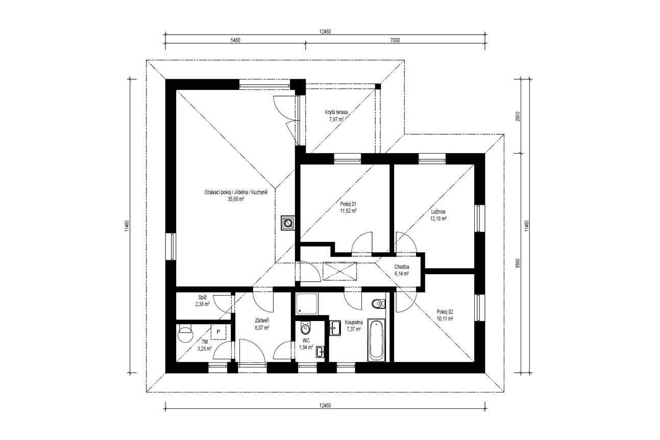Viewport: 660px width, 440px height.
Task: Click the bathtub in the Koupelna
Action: click(377, 339)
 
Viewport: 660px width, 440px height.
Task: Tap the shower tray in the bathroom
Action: click(307, 304)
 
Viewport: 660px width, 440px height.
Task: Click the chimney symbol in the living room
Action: click(287, 223)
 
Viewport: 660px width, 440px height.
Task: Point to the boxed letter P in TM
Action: click(218, 332)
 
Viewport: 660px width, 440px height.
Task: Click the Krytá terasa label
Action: click(336, 112)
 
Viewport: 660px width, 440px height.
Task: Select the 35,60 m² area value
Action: click(236, 199)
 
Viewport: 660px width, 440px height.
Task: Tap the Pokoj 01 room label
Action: click(348, 204)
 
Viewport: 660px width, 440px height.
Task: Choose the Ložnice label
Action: click(438, 212)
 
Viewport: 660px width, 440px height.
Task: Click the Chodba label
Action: click(402, 267)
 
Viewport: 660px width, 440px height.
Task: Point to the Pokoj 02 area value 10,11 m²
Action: click(445, 319)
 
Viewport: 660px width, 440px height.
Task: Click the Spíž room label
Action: click(202, 298)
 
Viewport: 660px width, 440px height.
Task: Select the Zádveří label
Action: click(262, 321)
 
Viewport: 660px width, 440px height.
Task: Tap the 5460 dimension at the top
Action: click(235, 40)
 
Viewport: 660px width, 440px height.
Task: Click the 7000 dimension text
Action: click(395, 40)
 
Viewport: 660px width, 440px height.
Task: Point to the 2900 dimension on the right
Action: click(518, 116)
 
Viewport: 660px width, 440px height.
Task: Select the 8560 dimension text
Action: click(518, 263)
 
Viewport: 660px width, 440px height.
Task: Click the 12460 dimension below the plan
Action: click(325, 405)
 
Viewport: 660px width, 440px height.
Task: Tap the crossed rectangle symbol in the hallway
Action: click(340, 271)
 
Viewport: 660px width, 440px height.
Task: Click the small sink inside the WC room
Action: click(320, 352)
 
